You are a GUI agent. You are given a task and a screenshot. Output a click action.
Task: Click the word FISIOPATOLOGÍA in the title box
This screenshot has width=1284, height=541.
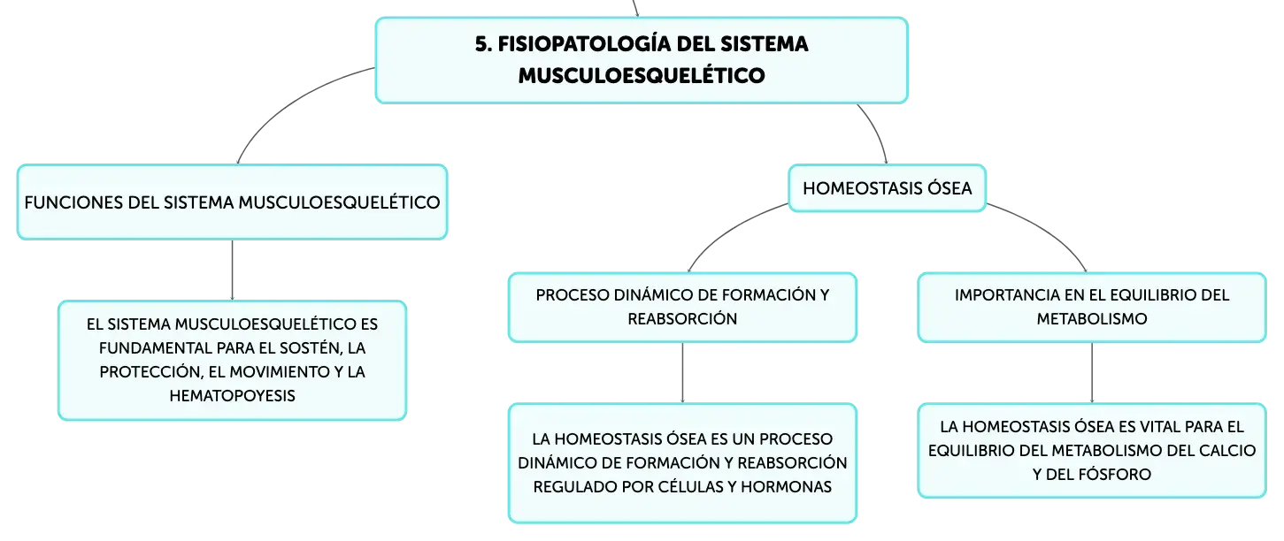tap(584, 44)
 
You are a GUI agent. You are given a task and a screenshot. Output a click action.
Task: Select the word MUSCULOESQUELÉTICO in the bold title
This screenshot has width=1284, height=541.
tap(642, 75)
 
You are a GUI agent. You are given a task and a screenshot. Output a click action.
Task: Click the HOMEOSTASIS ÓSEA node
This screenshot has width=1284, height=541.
tap(887, 188)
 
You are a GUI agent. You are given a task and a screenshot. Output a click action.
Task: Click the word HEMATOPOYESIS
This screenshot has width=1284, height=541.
tap(232, 396)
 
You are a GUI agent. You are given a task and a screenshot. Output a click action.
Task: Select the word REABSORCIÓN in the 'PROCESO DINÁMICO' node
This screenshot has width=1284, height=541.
tap(682, 319)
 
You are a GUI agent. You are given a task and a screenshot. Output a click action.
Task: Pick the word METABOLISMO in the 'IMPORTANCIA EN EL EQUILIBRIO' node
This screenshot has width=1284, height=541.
tap(1091, 319)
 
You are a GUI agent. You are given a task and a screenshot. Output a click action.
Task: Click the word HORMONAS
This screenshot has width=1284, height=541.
tap(786, 486)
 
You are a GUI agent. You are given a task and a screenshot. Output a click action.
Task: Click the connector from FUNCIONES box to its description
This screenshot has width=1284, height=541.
tap(232, 270)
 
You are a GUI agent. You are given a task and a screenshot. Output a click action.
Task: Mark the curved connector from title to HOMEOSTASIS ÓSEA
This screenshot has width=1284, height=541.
tap(876, 131)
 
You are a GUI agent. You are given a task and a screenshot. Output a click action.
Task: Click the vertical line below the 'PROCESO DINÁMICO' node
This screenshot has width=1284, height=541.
tap(682, 373)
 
